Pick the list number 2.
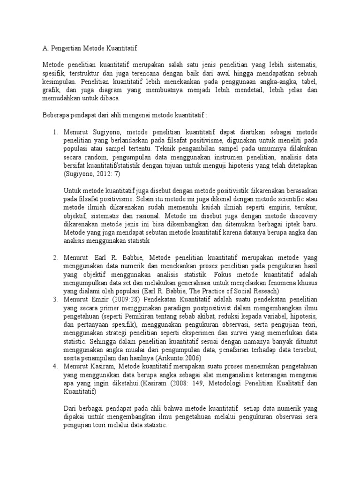pyautogui.click(x=54, y=258)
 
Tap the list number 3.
pyautogui.click(x=54, y=300)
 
